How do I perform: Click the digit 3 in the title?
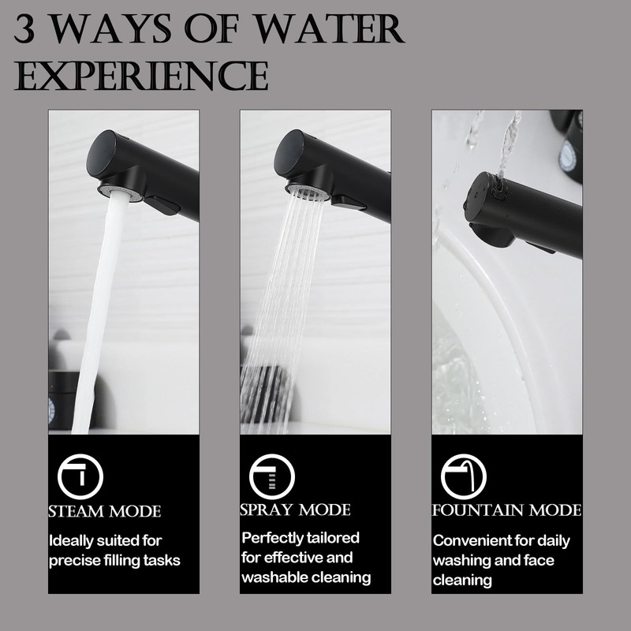point(24,30)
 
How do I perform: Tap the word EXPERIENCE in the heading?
point(141,77)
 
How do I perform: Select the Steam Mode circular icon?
point(80,476)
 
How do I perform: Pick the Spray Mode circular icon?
point(272,476)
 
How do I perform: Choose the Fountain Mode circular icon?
point(464,476)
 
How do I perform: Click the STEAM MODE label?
point(105,511)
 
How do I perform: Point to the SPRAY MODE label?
point(295,510)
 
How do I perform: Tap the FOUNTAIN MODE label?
point(506,510)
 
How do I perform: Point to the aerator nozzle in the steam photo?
point(120,191)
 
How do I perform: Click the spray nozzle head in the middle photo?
point(307,191)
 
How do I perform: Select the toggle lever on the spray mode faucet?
point(349,203)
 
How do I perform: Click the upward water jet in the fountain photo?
point(508,146)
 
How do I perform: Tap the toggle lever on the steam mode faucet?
point(162,205)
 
